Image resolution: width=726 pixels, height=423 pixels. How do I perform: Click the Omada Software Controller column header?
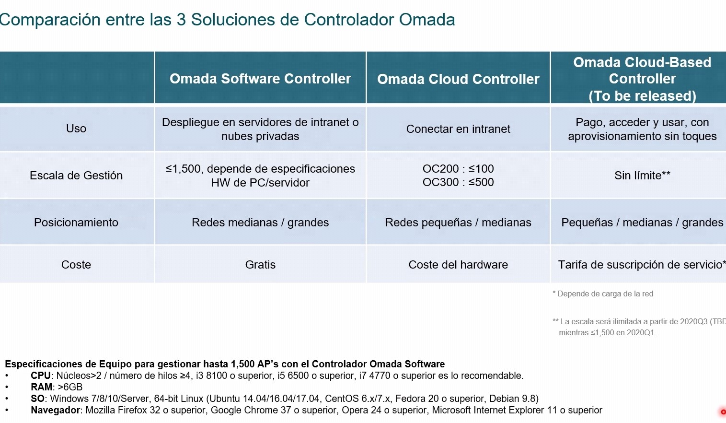260,79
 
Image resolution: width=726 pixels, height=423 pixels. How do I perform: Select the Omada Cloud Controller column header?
458,79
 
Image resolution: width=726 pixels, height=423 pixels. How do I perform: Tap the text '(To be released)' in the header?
643,96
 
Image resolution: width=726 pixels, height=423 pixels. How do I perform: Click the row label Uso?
76,129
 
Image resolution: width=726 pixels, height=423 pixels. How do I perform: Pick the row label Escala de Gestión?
76,176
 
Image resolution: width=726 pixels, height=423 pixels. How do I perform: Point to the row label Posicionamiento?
76,223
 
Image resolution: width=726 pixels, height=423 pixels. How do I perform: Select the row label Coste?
76,265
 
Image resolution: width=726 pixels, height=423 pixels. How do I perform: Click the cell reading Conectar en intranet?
458,129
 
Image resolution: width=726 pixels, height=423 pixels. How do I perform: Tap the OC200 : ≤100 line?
458,169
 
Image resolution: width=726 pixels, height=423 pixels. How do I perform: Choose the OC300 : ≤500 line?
458,182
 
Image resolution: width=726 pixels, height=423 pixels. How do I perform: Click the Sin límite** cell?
643,176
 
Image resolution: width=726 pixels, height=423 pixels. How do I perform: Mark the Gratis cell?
260,265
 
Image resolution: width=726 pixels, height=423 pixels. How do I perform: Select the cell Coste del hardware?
458,265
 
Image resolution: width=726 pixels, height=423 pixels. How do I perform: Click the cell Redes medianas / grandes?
260,223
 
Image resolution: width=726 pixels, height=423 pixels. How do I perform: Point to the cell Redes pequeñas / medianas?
458,223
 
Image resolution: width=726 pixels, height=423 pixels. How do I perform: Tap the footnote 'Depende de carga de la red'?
605,294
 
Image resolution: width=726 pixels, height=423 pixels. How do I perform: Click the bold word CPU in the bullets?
41,376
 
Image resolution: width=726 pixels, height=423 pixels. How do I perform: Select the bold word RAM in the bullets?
42,387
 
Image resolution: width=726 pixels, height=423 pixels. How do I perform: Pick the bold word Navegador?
56,411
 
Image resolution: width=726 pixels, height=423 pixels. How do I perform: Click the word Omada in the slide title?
427,20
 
